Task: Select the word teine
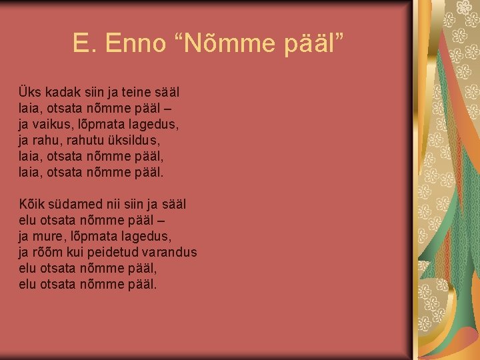[x=137, y=91]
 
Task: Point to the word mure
[x=57, y=237]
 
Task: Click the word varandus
[x=173, y=253]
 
